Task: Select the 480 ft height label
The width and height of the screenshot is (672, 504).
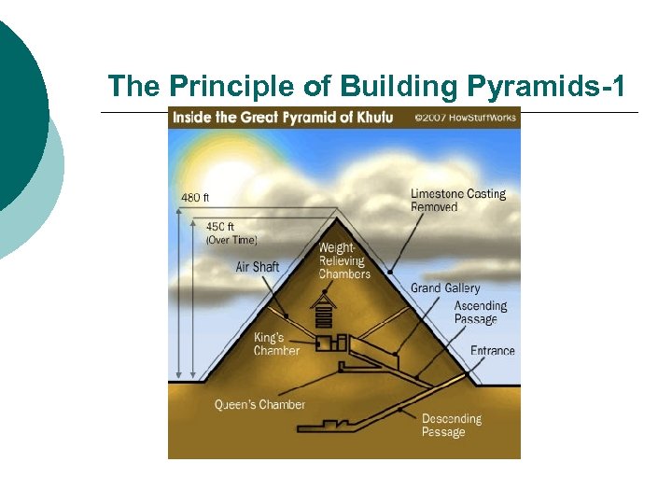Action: (x=195, y=198)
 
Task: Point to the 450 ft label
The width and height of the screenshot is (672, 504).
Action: (x=219, y=227)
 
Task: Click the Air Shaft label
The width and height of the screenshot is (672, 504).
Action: (x=258, y=267)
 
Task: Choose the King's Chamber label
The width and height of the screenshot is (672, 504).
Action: (x=276, y=343)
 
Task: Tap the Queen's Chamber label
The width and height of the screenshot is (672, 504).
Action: (x=259, y=405)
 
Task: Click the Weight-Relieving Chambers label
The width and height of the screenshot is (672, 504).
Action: (x=344, y=261)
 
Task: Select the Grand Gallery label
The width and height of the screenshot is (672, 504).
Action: (x=445, y=288)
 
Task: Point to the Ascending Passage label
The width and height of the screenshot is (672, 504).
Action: (x=480, y=313)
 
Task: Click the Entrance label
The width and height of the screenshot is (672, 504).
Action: (x=492, y=351)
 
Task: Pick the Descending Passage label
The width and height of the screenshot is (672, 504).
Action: (x=451, y=426)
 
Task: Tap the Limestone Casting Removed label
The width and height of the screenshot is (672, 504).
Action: (x=457, y=200)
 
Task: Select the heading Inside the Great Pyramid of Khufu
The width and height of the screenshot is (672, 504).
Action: (x=281, y=118)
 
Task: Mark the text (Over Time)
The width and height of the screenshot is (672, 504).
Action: (x=231, y=240)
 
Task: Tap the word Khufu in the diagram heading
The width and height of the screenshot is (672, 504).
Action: (x=374, y=118)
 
